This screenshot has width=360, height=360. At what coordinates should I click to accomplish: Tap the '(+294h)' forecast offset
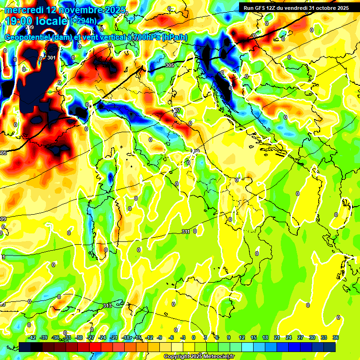[83, 21]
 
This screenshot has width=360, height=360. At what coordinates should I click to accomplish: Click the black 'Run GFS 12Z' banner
[294, 7]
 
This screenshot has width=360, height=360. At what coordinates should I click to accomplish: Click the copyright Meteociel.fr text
[199, 357]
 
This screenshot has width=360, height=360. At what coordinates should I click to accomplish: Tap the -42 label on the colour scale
[32, 337]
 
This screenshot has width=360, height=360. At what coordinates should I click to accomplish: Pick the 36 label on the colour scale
[335, 337]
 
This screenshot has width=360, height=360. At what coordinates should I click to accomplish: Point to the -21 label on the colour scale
[114, 337]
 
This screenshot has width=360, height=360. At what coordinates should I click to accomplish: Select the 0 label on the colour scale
[194, 337]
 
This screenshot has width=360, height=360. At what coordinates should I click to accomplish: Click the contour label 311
[186, 232]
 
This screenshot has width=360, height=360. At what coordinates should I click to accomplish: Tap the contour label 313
[107, 306]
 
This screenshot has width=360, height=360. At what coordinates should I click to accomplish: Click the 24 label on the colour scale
[288, 337]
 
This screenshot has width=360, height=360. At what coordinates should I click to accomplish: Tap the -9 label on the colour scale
[160, 337]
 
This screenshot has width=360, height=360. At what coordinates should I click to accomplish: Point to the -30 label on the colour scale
[79, 337]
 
